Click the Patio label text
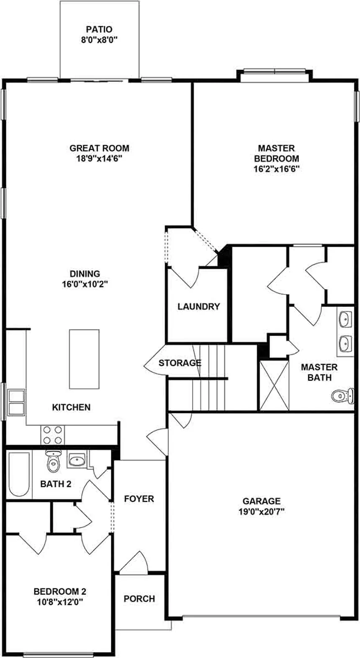coord(99,29)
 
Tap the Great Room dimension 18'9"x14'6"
coord(99,159)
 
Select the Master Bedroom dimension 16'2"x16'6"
coord(276,169)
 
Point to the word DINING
coord(85,274)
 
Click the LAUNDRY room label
coord(198,306)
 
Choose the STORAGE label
coord(180,363)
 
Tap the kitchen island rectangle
coord(85,359)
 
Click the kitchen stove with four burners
coord(52,434)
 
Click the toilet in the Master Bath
coord(342,394)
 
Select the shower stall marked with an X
coord(274,384)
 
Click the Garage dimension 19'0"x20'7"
coord(261,511)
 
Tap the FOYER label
coord(139,499)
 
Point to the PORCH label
coord(139,599)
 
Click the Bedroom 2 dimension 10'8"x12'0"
coord(59,602)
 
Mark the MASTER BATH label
coord(319,372)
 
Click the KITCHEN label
coord(71,407)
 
